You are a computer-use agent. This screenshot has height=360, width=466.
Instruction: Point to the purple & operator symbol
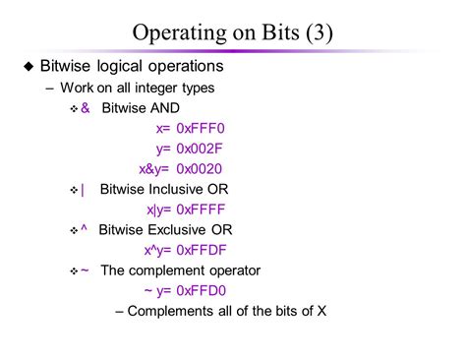[x=86, y=108]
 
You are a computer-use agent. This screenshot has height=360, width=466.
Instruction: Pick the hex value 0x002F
[x=206, y=149]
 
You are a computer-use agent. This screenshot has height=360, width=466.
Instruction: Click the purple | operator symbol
[x=84, y=190]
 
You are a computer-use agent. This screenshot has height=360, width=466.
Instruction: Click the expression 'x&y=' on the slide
[x=155, y=168]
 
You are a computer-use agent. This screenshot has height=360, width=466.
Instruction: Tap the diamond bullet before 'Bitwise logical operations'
[x=29, y=68]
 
